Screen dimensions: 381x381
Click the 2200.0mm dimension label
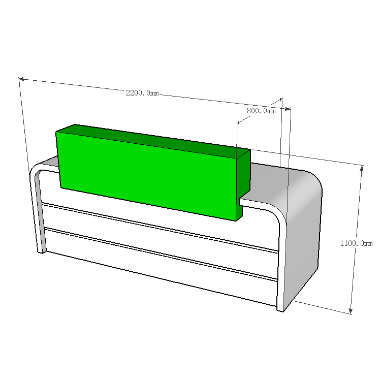pos(142,93)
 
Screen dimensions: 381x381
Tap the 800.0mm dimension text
pos(261,111)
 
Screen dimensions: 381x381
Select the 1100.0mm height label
pos(356,243)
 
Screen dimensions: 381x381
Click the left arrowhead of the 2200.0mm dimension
pos(21,79)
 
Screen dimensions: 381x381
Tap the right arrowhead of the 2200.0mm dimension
pos(288,109)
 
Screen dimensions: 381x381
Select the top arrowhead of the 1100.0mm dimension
pos(362,168)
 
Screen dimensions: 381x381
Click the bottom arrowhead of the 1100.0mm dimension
pos(351,311)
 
